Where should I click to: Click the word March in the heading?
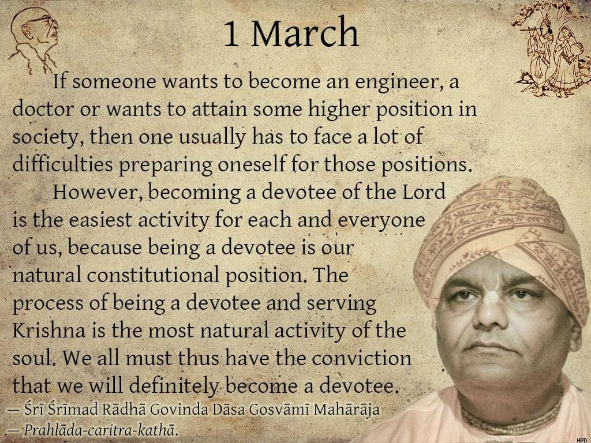(305, 33)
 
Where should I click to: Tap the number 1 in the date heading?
(231, 34)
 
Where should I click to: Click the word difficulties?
(62, 164)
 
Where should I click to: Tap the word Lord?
(424, 192)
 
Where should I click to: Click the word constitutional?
(153, 275)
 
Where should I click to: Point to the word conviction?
(361, 358)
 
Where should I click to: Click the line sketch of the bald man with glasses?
(34, 40)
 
